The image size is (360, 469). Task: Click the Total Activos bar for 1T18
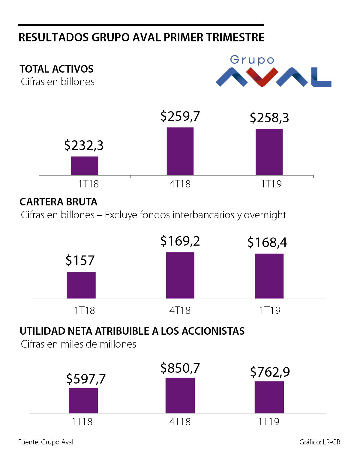click(x=85, y=166)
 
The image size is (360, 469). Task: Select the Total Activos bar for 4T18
click(x=180, y=151)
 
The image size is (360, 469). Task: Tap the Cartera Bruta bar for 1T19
click(x=269, y=276)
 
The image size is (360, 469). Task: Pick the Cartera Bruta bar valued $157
click(x=81, y=285)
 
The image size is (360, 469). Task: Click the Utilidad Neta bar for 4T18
click(x=180, y=395)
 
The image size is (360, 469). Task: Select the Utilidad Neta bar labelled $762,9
click(x=269, y=397)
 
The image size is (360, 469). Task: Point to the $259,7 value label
click(x=180, y=116)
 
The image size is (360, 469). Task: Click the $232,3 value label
click(x=84, y=145)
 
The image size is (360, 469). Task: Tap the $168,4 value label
click(x=267, y=242)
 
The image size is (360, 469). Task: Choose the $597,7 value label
click(x=86, y=379)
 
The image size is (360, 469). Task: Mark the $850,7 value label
click(x=180, y=368)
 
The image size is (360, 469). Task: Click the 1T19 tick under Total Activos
click(x=271, y=184)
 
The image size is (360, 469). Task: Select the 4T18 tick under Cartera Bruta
click(x=180, y=310)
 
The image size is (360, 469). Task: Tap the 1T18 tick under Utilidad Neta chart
click(x=82, y=422)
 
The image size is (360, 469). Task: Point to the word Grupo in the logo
click(x=252, y=60)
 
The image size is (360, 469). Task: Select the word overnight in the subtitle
click(x=265, y=215)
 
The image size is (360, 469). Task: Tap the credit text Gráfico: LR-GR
click(x=320, y=442)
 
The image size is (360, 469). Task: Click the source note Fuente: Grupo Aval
click(x=46, y=442)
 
